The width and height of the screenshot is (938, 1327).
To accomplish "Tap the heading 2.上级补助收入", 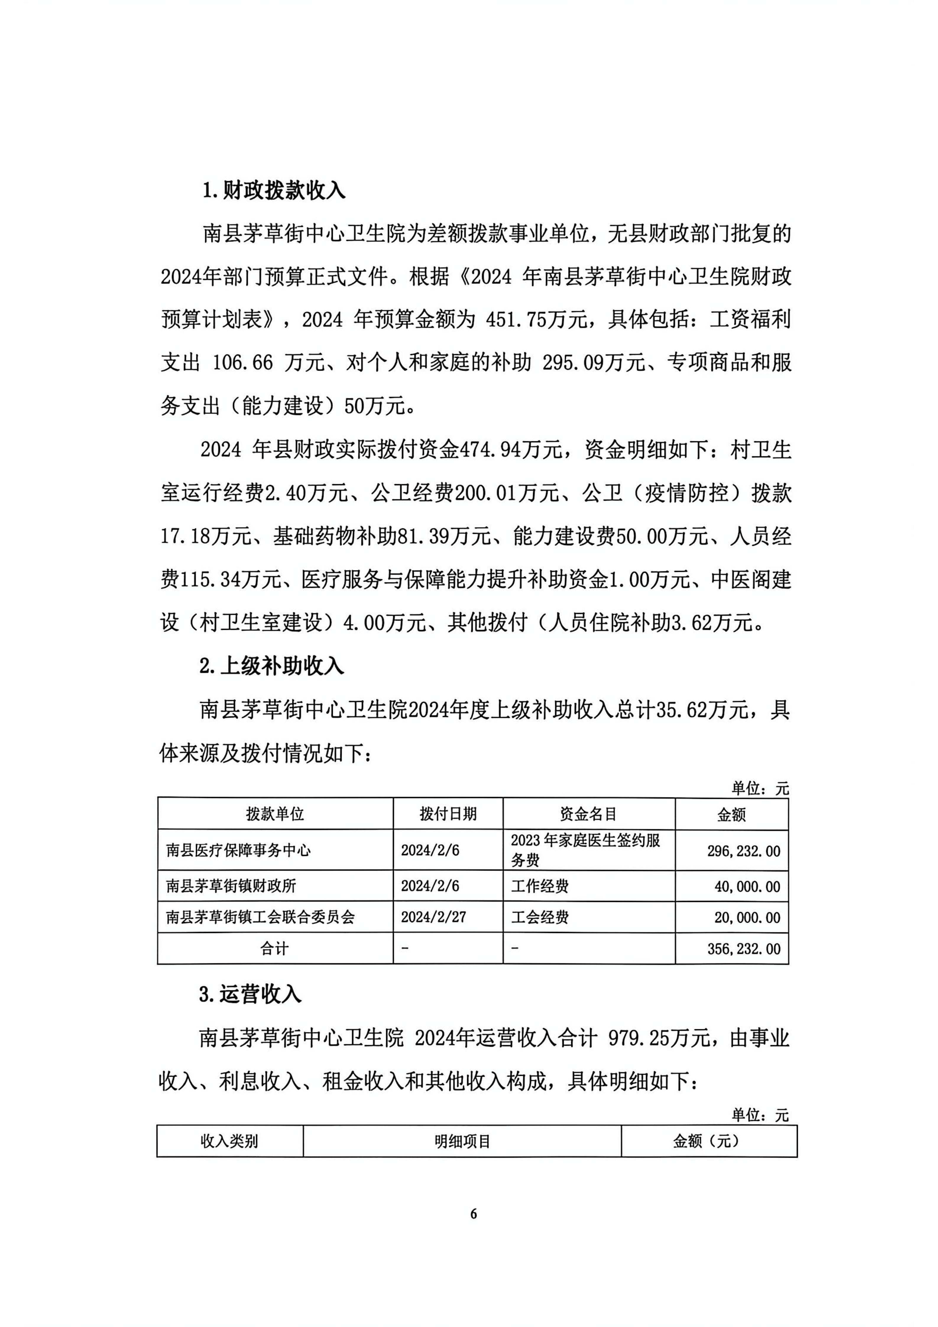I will tap(272, 666).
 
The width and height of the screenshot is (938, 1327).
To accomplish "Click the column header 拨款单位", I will tap(275, 814).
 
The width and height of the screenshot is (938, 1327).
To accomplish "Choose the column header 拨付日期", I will tap(448, 814).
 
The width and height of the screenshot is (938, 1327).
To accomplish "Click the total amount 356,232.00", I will tap(743, 949).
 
